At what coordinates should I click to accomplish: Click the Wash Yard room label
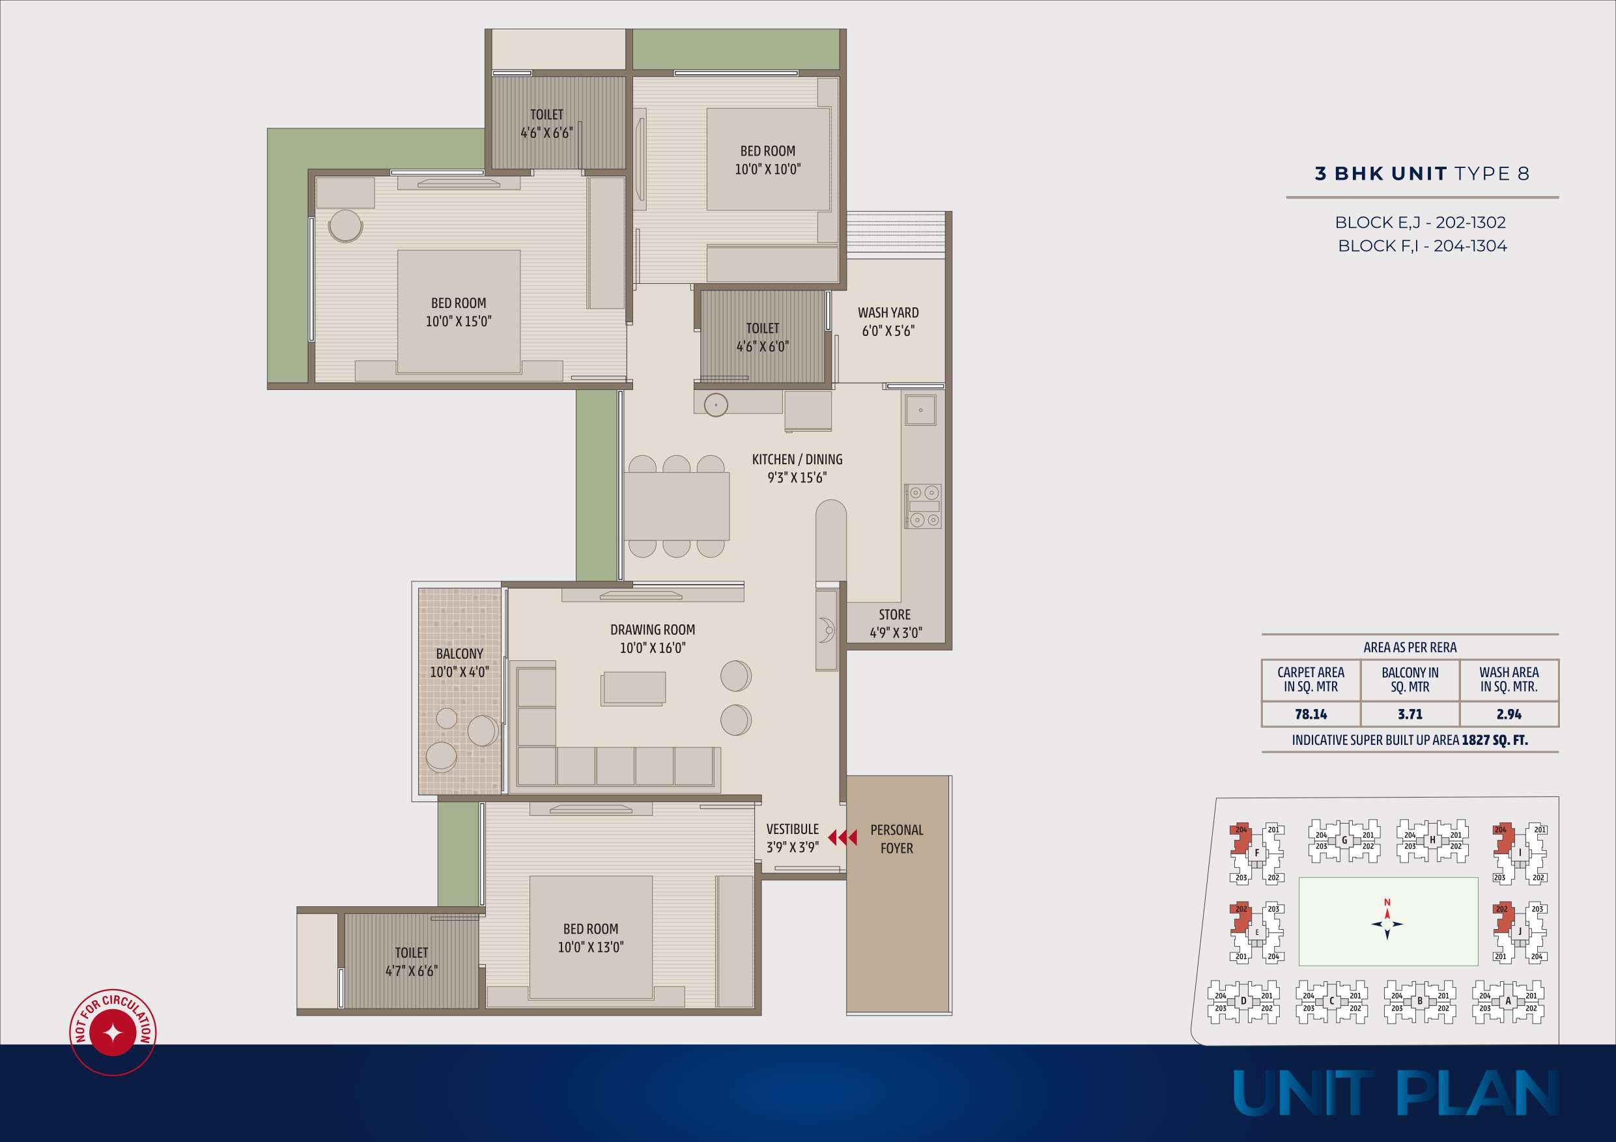(x=888, y=322)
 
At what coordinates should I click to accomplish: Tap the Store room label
(x=895, y=624)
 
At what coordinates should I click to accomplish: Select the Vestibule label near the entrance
(x=793, y=838)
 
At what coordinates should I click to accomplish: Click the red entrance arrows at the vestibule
(x=842, y=837)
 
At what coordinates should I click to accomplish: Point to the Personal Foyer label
(x=897, y=839)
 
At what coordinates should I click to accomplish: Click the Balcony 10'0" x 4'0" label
(x=460, y=663)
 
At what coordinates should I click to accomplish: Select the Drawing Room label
(x=653, y=638)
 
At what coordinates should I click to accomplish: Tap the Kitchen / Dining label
(x=797, y=468)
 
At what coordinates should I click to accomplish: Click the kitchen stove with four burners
(x=923, y=506)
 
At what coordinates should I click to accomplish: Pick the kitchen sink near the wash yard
(x=920, y=410)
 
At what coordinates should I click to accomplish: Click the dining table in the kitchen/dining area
(x=676, y=506)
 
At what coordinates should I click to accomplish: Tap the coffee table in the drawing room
(x=634, y=688)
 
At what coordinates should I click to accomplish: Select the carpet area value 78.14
(x=1311, y=714)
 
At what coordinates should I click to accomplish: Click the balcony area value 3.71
(x=1410, y=714)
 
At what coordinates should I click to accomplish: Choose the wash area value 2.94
(x=1509, y=714)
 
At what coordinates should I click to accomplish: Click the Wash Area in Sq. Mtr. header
(x=1509, y=680)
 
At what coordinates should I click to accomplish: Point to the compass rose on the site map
(x=1387, y=924)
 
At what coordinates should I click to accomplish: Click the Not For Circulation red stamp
(x=113, y=1032)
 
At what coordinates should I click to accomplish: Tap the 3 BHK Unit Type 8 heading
(x=1422, y=174)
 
